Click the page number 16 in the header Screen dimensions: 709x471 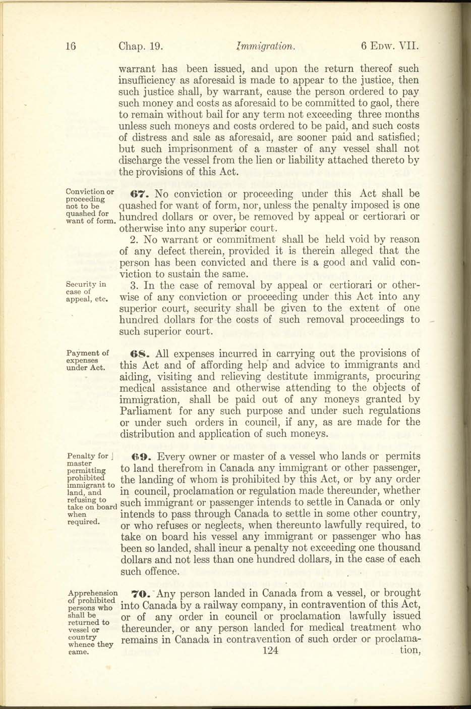coord(71,47)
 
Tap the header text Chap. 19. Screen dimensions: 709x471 coord(140,47)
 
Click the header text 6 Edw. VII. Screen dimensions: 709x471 coord(390,47)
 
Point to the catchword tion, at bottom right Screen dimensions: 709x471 coord(409,651)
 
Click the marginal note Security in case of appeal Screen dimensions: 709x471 coord(87,291)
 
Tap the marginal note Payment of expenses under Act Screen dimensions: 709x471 coord(87,360)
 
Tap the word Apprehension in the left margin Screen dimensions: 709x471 coord(92,593)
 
